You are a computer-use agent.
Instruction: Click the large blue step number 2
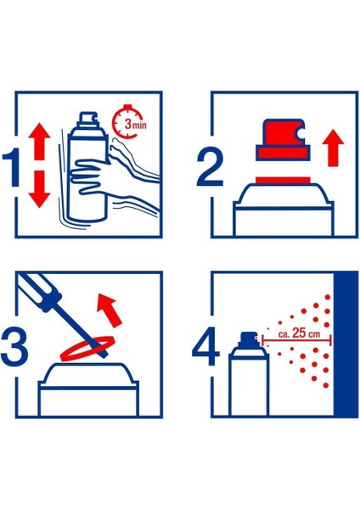210,167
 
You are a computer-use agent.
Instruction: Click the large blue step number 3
14,347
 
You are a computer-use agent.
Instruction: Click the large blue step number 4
206,346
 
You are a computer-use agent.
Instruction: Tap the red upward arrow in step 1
39,141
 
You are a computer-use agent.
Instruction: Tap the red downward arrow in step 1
39,189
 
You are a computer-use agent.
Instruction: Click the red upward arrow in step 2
333,148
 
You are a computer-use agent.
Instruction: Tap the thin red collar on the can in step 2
283,180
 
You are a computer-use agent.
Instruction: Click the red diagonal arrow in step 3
110,310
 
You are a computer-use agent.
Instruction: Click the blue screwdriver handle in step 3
40,288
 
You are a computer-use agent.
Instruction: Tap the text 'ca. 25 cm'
299,333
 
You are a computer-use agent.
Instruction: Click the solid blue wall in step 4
346,344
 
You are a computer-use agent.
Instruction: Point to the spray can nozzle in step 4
248,338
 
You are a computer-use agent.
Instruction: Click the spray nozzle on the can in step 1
87,118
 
